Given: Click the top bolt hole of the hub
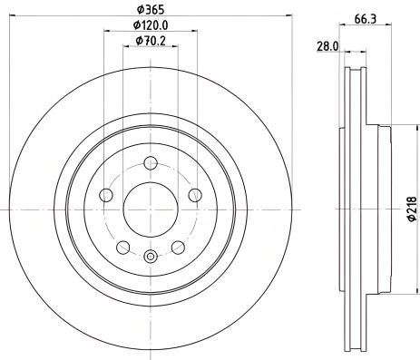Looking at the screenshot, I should pyautogui.click(x=151, y=163).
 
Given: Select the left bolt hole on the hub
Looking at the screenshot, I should pyautogui.click(x=106, y=196).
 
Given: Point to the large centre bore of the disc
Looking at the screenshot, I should pyautogui.click(x=151, y=209).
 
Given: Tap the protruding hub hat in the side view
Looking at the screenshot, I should pyautogui.click(x=385, y=209).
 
